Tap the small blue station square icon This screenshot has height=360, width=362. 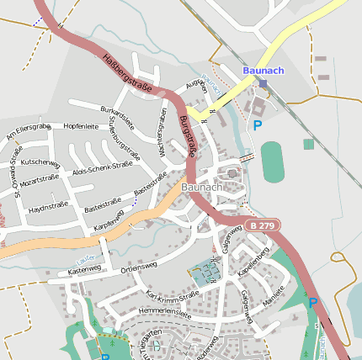point(264,83)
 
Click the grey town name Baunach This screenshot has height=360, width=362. point(202,187)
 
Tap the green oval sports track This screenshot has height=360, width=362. point(272,161)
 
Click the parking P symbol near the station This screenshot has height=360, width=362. point(258,125)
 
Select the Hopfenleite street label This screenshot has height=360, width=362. point(81,126)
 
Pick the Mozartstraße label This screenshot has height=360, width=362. point(43,181)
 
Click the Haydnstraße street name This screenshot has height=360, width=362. point(48,205)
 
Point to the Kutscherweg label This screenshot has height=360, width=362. point(40,161)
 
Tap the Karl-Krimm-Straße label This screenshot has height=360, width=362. point(172,295)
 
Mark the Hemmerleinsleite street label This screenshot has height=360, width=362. point(164,311)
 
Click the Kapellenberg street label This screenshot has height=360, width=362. point(253,262)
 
